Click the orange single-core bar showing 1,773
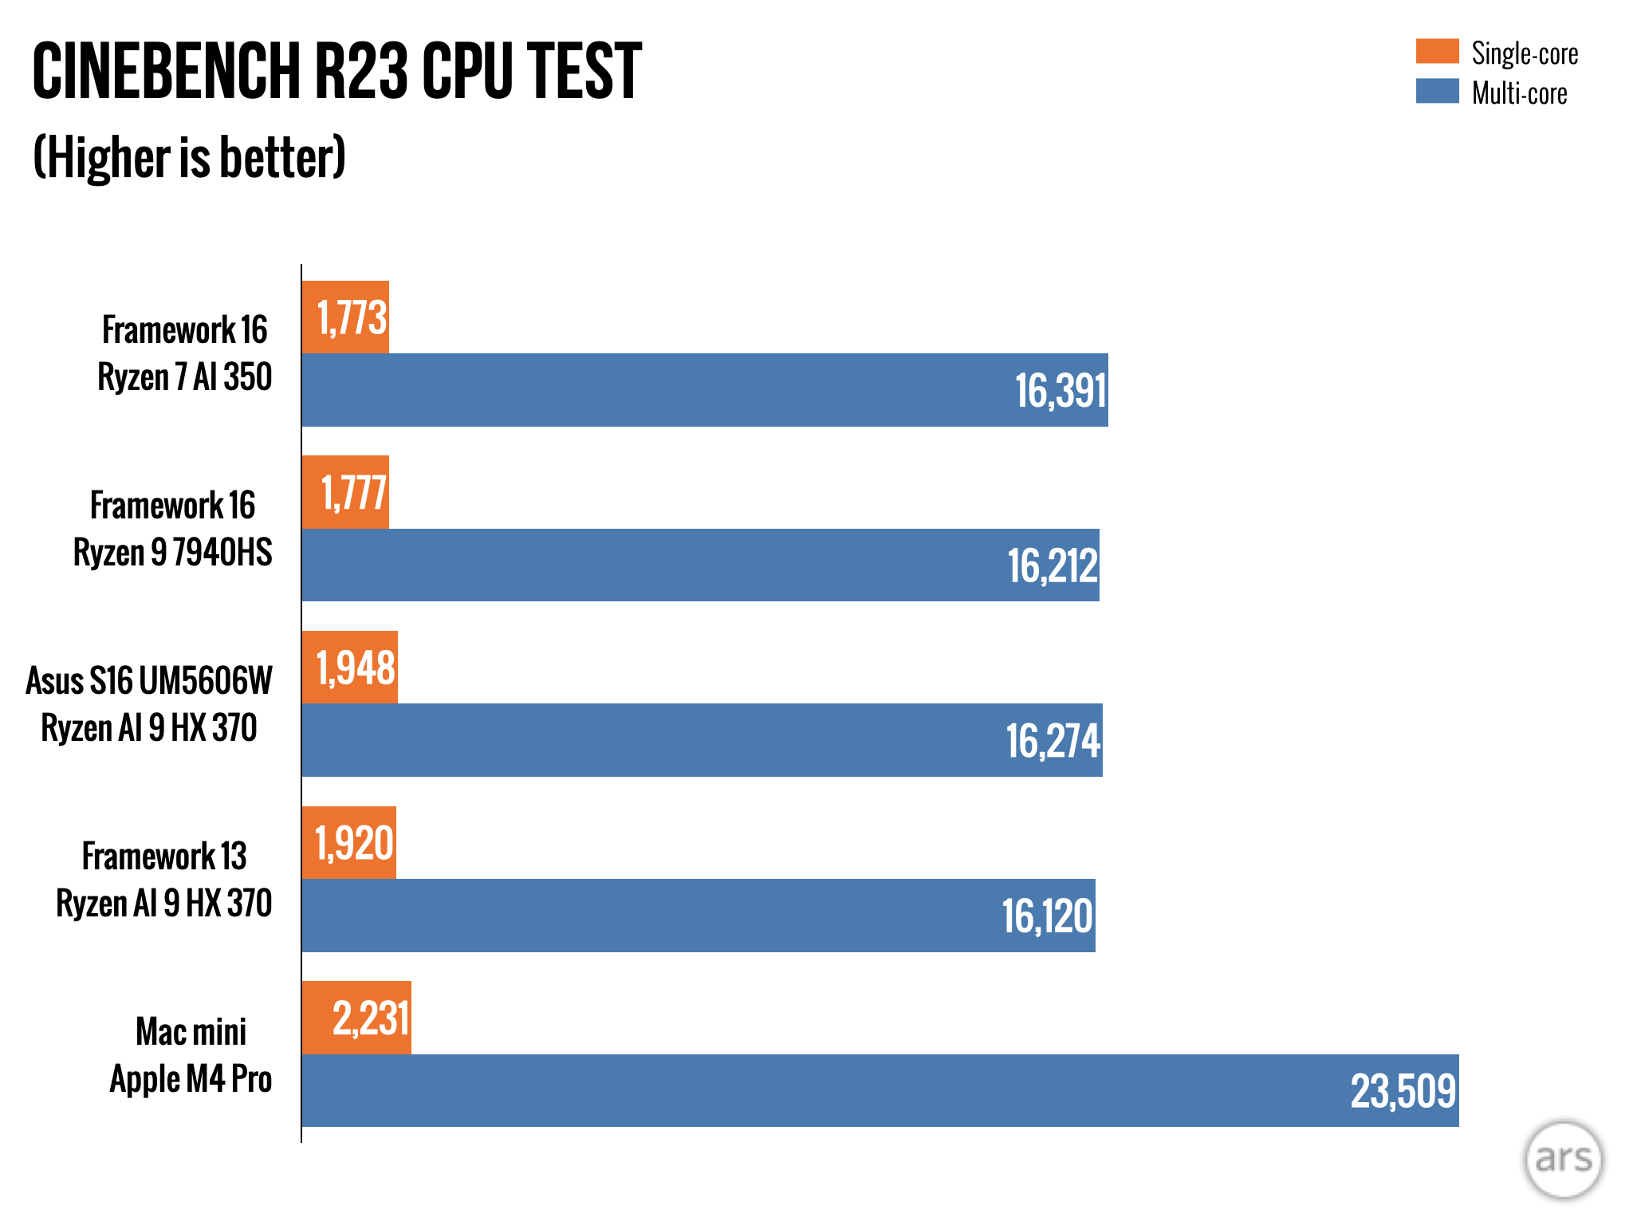(x=345, y=317)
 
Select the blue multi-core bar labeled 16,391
(x=705, y=390)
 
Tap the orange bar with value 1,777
(x=345, y=492)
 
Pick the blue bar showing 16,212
(x=700, y=565)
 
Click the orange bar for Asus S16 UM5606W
(x=349, y=668)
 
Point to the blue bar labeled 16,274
(x=702, y=740)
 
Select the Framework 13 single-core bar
(x=348, y=843)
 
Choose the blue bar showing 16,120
(x=698, y=916)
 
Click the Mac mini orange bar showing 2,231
(x=356, y=1018)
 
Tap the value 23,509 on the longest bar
(x=1403, y=1091)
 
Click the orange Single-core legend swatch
(x=1437, y=51)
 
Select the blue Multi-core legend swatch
(x=1437, y=91)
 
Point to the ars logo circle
(x=1563, y=1160)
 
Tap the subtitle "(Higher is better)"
(x=189, y=157)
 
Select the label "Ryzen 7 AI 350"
(x=185, y=377)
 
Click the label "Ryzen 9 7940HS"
(x=173, y=553)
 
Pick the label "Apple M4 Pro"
(x=191, y=1079)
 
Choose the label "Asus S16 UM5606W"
(x=149, y=681)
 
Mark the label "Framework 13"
(x=164, y=857)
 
